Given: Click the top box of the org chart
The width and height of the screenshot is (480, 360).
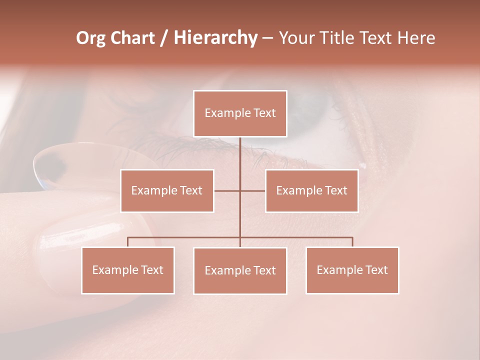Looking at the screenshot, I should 240,113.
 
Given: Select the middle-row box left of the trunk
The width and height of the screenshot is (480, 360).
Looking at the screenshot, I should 167,190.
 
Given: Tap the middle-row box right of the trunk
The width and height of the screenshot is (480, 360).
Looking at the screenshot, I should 311,190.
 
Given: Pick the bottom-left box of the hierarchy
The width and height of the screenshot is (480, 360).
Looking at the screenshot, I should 128,270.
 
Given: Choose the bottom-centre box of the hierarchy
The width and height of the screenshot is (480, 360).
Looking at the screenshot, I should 240,270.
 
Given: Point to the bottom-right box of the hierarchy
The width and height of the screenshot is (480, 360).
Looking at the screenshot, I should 352,270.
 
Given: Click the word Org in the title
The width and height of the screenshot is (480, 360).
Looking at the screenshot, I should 90,38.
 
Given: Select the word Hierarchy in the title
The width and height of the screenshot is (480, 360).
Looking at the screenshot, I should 215,38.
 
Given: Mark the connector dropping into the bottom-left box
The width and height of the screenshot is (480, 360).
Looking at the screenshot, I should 128,242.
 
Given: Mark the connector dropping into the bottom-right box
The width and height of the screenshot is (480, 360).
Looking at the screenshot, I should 352,242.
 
